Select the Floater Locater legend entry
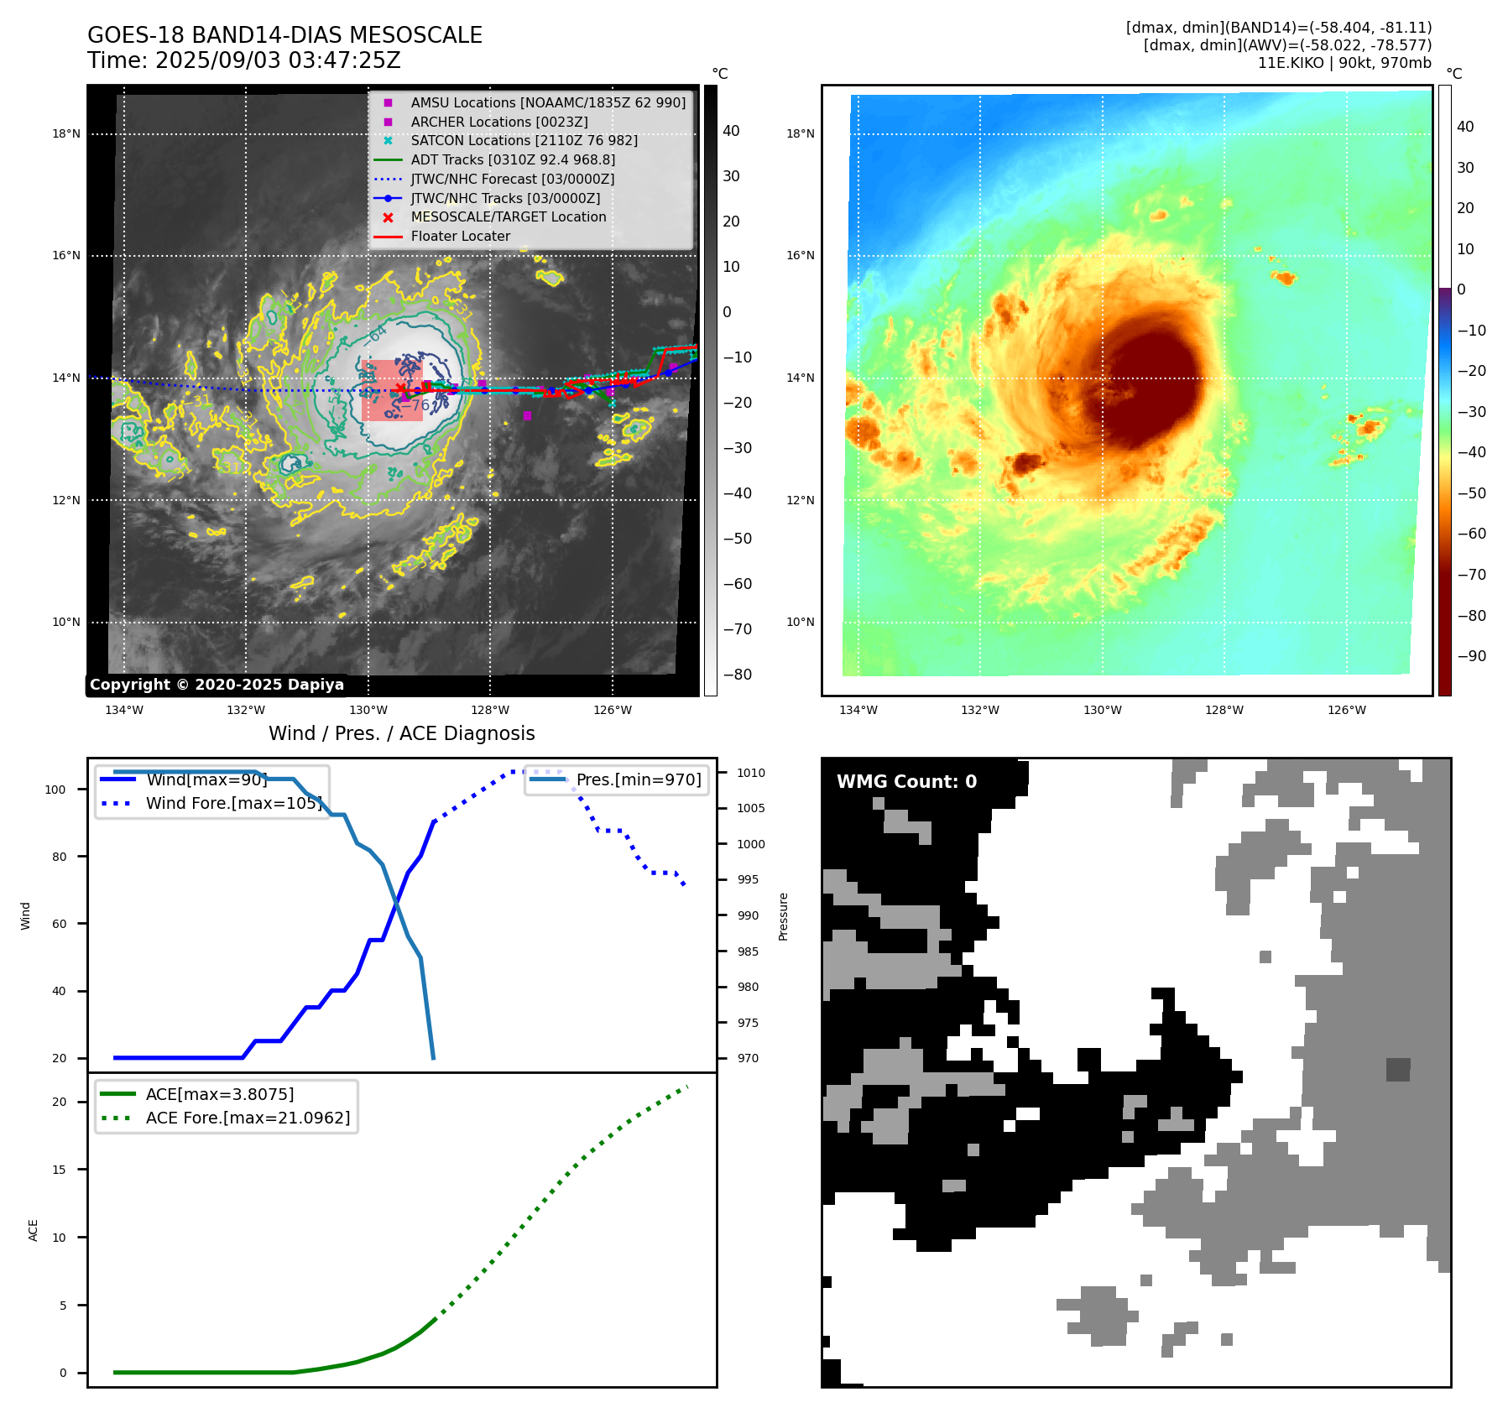coord(460,237)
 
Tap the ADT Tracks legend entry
coord(513,159)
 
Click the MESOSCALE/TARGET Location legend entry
coord(508,216)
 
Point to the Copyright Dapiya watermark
coord(217,685)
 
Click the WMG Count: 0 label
coord(906,782)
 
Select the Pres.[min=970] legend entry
coord(638,779)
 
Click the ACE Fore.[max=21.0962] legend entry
coord(248,1118)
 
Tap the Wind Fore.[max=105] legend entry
coord(233,803)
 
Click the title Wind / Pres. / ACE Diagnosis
coord(401,733)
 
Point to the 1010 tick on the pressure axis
coord(751,773)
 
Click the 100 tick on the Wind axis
coord(55,790)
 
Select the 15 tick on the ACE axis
coord(59,1170)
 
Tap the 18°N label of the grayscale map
coord(66,134)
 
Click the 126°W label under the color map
coord(1346,711)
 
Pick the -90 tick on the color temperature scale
coord(1471,656)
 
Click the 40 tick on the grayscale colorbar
coord(731,131)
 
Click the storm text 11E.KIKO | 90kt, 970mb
coord(1344,63)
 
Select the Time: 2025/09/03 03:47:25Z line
coord(244,60)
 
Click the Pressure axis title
coord(783,916)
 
